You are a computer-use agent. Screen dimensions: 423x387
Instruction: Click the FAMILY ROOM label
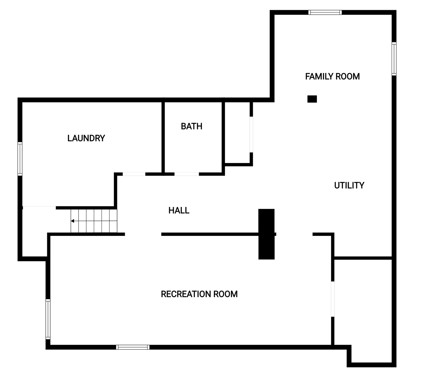point(332,76)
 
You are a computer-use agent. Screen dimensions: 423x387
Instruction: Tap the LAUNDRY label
point(86,138)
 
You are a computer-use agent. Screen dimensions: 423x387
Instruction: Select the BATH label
point(191,126)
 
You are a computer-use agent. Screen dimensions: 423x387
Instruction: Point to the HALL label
point(179,210)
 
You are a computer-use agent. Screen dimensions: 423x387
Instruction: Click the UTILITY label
point(349,185)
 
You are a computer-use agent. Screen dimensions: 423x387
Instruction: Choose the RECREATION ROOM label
point(199,294)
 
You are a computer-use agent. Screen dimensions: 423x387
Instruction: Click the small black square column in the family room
point(312,99)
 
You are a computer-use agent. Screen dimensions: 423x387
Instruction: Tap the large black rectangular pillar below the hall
point(266,234)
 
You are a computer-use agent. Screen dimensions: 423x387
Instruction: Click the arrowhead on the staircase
point(73,221)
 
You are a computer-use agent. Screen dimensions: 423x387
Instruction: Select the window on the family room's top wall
point(325,12)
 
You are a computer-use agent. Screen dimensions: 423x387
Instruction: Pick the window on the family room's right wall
point(394,59)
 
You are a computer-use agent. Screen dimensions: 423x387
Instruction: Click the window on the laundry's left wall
point(20,159)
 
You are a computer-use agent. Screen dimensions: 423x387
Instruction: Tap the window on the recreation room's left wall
point(48,319)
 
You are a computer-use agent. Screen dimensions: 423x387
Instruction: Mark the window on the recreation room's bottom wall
point(133,347)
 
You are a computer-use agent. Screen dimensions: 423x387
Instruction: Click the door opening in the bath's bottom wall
point(186,174)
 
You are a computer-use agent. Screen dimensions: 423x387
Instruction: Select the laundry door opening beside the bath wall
point(134,174)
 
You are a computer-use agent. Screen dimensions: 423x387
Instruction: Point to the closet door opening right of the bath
point(251,135)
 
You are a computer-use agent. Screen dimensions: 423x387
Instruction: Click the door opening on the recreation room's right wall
point(332,299)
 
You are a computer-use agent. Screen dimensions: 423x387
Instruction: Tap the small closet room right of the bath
point(237,132)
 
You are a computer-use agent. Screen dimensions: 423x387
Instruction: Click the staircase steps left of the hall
point(94,221)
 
